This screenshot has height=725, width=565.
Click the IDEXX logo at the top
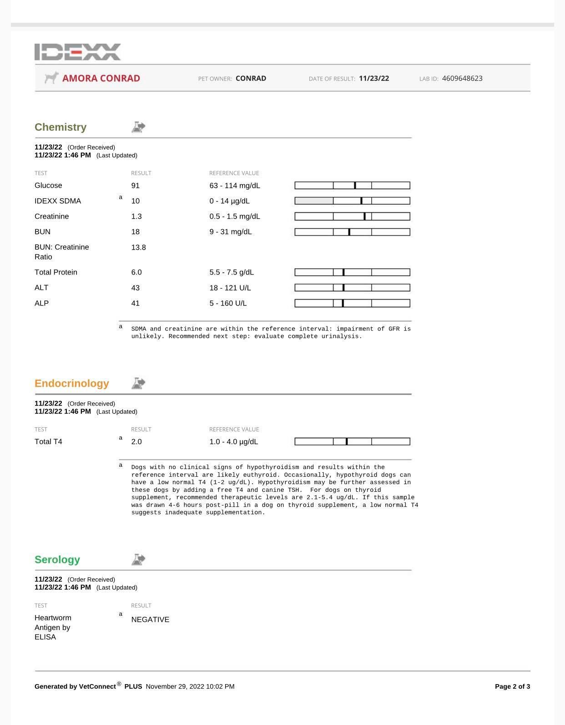pos(78,52)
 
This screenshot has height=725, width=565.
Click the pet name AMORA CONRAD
pos(101,78)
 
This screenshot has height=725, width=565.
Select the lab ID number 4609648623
pos(462,78)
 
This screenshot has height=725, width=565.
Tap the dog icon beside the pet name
pos(52,78)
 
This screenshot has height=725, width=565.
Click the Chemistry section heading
pos(61,127)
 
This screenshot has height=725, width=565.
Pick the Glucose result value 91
pos(136,185)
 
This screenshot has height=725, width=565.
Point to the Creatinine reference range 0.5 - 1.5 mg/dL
pos(235,216)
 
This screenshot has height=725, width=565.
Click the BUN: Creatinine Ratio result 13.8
pos(138,247)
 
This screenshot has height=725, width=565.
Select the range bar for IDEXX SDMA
pos(352,201)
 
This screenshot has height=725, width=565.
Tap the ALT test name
pos(41,288)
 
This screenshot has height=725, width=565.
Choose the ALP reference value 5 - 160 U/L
pos(228,303)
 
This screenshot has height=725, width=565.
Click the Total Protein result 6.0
pos(136,272)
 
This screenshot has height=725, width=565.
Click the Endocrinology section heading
pos(72,383)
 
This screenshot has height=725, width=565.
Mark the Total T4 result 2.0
pos(136,441)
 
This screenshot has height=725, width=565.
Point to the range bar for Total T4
pos(352,441)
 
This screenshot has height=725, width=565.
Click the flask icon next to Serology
pos(138,560)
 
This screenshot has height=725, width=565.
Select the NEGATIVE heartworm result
pos(150,620)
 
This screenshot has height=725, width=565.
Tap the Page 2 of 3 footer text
pos(512,686)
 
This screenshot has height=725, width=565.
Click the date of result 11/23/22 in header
pos(374,78)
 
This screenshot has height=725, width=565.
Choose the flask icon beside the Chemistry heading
pos(138,127)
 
